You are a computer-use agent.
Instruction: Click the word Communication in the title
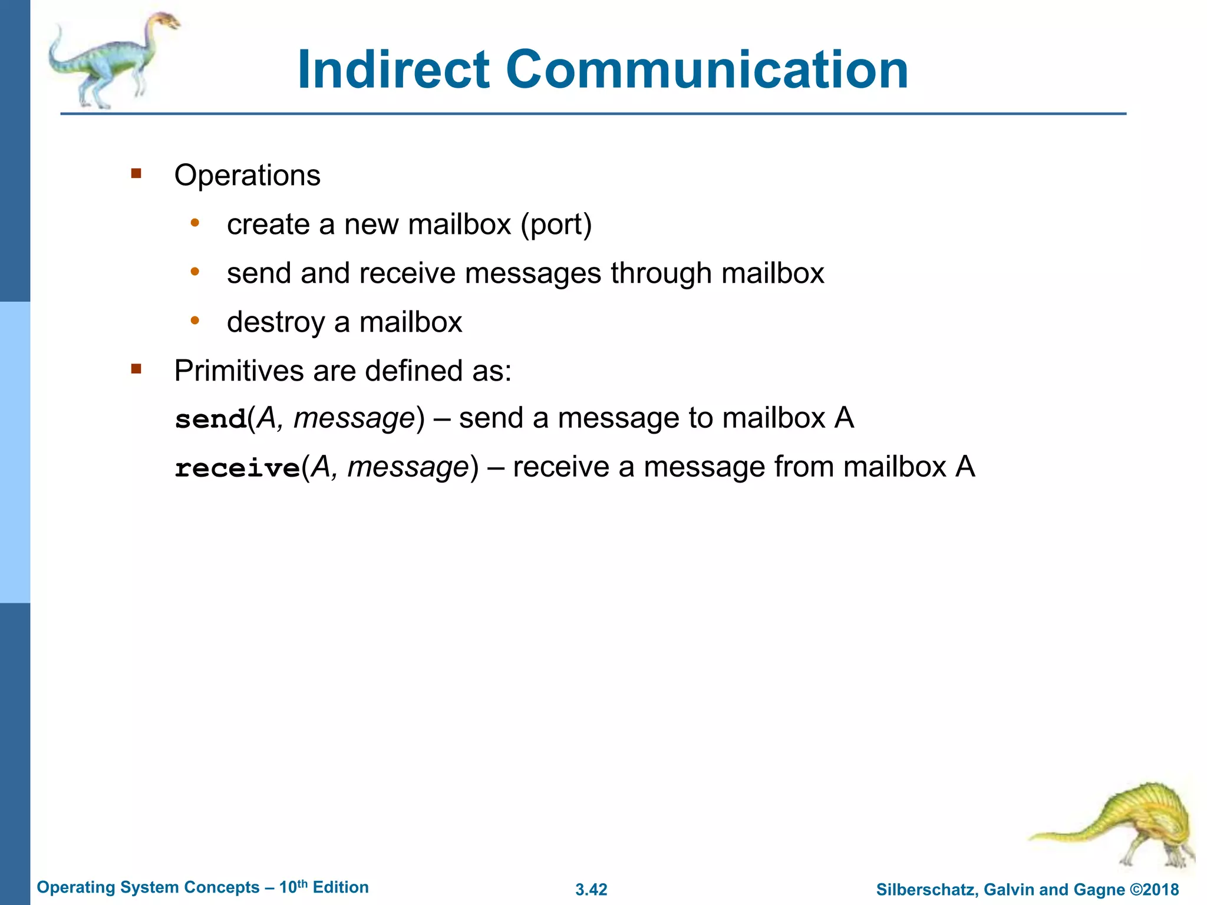707,70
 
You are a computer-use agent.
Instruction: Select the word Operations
247,175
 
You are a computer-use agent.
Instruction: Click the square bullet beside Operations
137,173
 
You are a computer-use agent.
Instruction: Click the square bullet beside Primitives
137,369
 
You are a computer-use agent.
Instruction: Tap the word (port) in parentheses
556,224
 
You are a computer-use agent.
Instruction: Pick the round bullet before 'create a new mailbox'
195,223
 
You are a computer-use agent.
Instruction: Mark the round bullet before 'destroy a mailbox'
195,321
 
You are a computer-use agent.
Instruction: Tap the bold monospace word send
211,419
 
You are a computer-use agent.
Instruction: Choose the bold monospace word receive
238,468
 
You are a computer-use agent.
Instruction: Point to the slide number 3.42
591,890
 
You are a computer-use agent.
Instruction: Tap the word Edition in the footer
341,887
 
